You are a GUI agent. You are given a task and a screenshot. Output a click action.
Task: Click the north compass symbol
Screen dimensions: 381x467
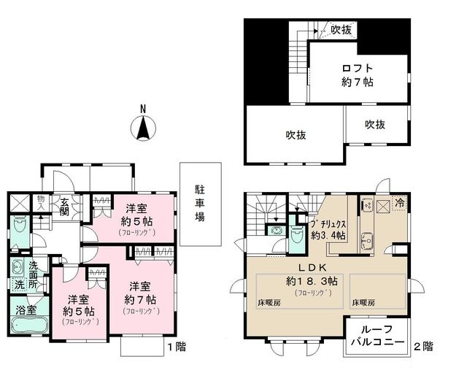144,128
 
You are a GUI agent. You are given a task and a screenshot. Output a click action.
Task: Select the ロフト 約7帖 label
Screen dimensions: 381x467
358,75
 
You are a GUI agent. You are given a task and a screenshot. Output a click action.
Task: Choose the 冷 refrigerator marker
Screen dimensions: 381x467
401,204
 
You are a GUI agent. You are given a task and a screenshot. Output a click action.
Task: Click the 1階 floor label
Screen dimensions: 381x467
177,348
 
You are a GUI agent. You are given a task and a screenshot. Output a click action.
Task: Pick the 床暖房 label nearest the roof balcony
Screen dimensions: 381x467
363,301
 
